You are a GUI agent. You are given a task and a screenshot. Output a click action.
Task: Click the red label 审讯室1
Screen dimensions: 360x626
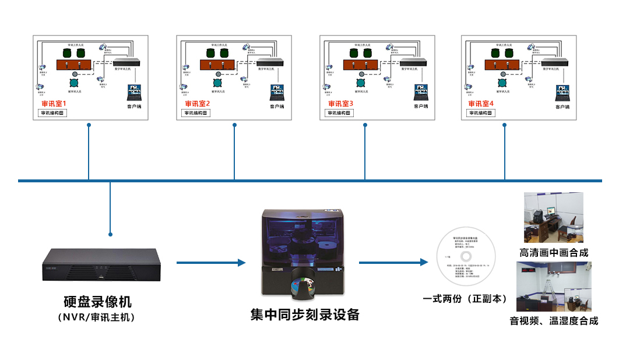coord(54,104)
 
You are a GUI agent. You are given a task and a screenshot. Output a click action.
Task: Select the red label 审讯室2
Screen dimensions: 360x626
coord(196,104)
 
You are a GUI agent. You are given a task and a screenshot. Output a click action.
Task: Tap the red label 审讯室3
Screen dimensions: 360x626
coord(340,104)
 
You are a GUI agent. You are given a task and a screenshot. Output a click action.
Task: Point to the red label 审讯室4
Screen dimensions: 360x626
coord(481,104)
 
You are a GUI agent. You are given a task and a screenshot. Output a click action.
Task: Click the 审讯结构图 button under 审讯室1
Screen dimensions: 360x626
coord(52,113)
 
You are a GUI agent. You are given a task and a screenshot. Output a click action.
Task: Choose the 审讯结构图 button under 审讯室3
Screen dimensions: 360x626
coord(339,113)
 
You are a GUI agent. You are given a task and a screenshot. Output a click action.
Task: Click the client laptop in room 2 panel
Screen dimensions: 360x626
coord(277,93)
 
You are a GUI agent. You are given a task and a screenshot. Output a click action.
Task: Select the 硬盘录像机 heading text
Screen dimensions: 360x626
coord(97,302)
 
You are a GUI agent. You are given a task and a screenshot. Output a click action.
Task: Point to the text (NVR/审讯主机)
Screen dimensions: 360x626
coord(97,317)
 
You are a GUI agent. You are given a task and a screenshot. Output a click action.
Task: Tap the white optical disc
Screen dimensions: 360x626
coord(466,257)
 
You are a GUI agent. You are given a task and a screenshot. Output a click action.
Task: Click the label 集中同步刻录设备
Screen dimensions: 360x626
coord(305,315)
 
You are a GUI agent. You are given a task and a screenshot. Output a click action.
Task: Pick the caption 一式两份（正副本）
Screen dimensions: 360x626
coord(466,299)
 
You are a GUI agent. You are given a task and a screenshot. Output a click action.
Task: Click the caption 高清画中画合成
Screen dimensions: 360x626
coord(554,252)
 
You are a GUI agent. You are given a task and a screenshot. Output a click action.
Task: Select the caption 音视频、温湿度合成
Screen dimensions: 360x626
coord(554,320)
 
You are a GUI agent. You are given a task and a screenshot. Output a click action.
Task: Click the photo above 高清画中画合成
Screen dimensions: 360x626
coord(553,217)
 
